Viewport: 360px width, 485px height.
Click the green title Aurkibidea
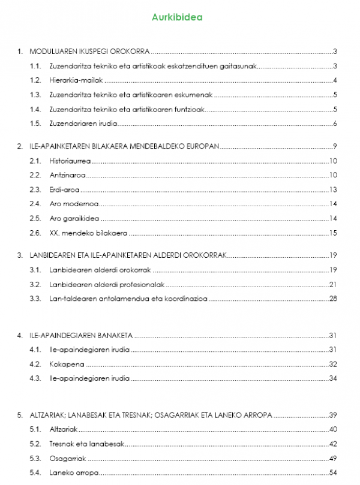click(181, 17)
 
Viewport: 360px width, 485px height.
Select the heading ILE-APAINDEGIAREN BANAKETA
click(81, 335)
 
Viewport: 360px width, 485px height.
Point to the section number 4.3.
click(35, 378)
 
